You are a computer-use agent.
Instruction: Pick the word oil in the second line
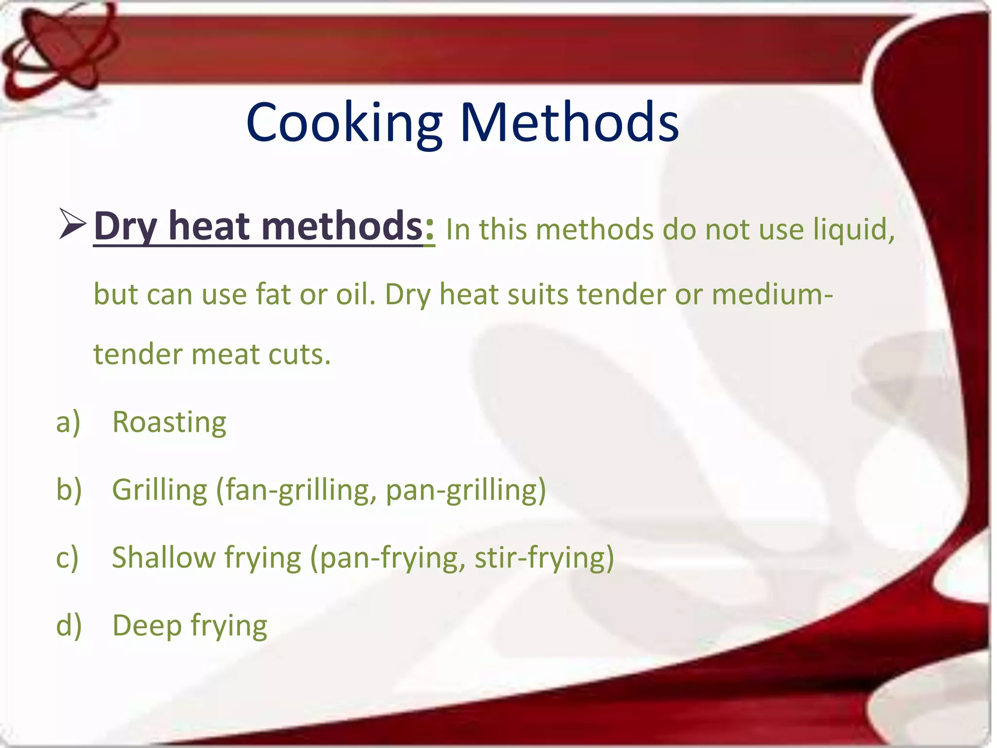(x=355, y=295)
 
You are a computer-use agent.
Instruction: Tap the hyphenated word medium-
(x=772, y=295)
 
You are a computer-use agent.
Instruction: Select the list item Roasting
(x=169, y=422)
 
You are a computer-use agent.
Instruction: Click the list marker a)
(x=68, y=422)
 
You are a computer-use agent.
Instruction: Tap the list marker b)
(x=69, y=490)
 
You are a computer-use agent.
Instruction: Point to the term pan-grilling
(x=465, y=490)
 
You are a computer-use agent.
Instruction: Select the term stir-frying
(x=543, y=558)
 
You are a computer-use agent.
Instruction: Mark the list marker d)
(x=69, y=625)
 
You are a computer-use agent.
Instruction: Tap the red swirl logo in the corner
(x=58, y=49)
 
